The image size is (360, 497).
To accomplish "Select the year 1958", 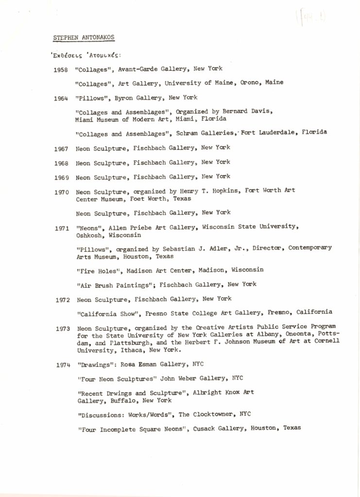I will pos(61,69).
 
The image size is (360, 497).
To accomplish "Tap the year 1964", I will pos(61,99).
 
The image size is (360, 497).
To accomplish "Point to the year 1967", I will pos(61,148).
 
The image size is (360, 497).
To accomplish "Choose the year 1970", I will pos(61,191).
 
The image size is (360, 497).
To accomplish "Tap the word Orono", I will pos(251,83).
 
